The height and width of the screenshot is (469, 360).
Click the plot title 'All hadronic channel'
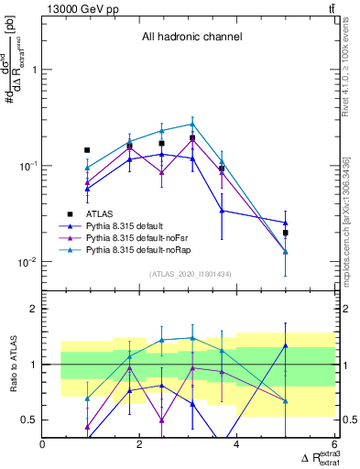coord(191,38)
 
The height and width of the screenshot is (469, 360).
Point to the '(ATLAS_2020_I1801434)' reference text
coord(191,275)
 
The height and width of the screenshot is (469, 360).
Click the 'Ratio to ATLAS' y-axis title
coord(12,364)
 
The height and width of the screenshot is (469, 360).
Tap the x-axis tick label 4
coord(237,445)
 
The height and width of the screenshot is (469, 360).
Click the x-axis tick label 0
coord(43,445)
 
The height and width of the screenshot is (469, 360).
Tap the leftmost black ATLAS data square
coord(87,150)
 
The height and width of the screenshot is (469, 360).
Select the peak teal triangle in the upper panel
coord(192,124)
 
